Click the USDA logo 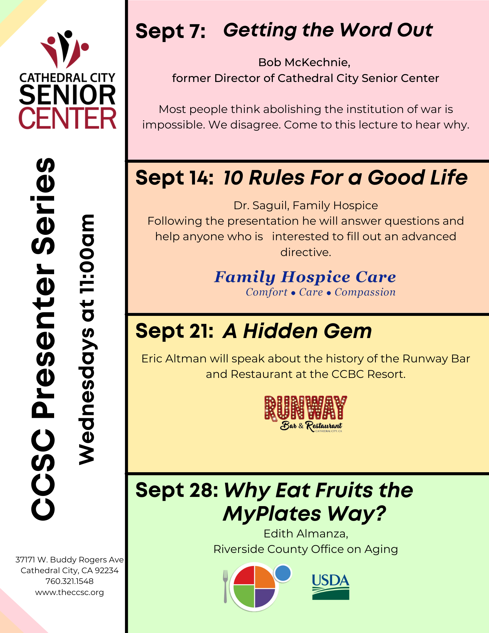(x=330, y=587)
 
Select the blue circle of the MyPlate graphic (x=283, y=573)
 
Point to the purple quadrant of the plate (x=265, y=598)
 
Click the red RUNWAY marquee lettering (x=306, y=408)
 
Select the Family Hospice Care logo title (x=305, y=277)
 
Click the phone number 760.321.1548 (x=70, y=581)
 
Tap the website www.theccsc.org (x=70, y=592)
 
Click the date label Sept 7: (x=171, y=31)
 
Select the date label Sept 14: (x=174, y=178)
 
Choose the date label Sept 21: (x=174, y=331)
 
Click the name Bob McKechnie (x=304, y=63)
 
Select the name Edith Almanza (x=306, y=534)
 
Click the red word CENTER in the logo (x=67, y=118)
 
